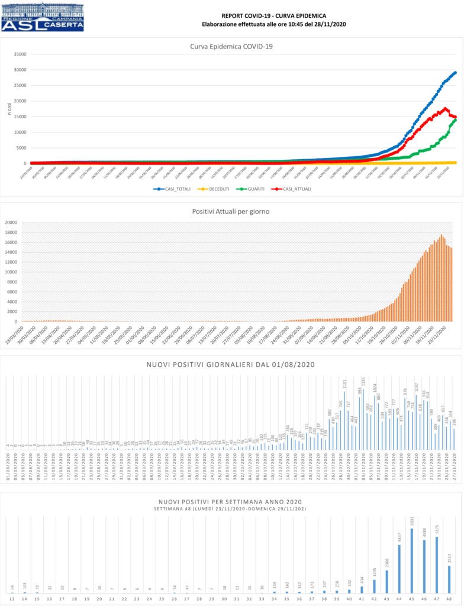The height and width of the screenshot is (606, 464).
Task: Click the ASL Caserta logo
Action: [43, 17]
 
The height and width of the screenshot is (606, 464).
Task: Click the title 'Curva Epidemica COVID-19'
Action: [231, 47]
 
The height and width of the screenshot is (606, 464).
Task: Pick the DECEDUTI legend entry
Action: [215, 189]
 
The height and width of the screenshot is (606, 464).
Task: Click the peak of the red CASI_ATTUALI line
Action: [444, 108]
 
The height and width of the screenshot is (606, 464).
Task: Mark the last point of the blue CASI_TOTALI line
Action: [455, 72]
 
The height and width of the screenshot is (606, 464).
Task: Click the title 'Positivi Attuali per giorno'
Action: [231, 211]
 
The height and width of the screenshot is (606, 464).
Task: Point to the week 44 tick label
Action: [399, 599]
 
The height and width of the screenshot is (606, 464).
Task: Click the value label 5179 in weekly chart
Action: [437, 530]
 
